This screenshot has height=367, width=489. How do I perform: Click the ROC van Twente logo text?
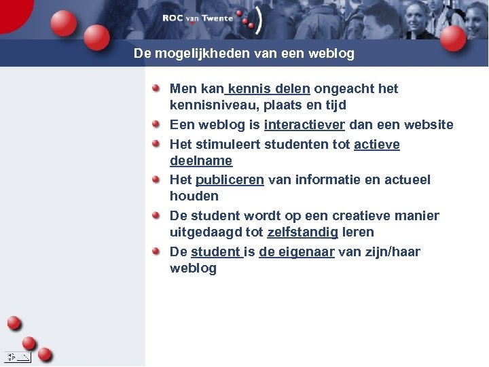point(198,18)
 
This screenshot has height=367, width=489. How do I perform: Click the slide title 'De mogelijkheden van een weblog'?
point(244,53)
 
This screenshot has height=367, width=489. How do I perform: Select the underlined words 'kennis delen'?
point(270,89)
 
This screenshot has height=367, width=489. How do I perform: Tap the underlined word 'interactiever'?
point(304,125)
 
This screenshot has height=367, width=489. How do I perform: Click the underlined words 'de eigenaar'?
point(296,252)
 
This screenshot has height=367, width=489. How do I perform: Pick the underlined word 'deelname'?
point(201,161)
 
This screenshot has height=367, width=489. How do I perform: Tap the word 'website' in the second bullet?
point(429,125)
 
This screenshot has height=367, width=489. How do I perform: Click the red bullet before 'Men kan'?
point(156,88)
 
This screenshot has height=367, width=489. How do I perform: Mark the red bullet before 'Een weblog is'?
point(156,124)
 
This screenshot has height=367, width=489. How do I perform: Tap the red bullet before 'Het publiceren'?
point(156,179)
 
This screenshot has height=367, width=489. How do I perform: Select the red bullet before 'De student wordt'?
point(156,215)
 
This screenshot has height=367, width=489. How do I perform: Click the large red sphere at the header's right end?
point(452,38)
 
